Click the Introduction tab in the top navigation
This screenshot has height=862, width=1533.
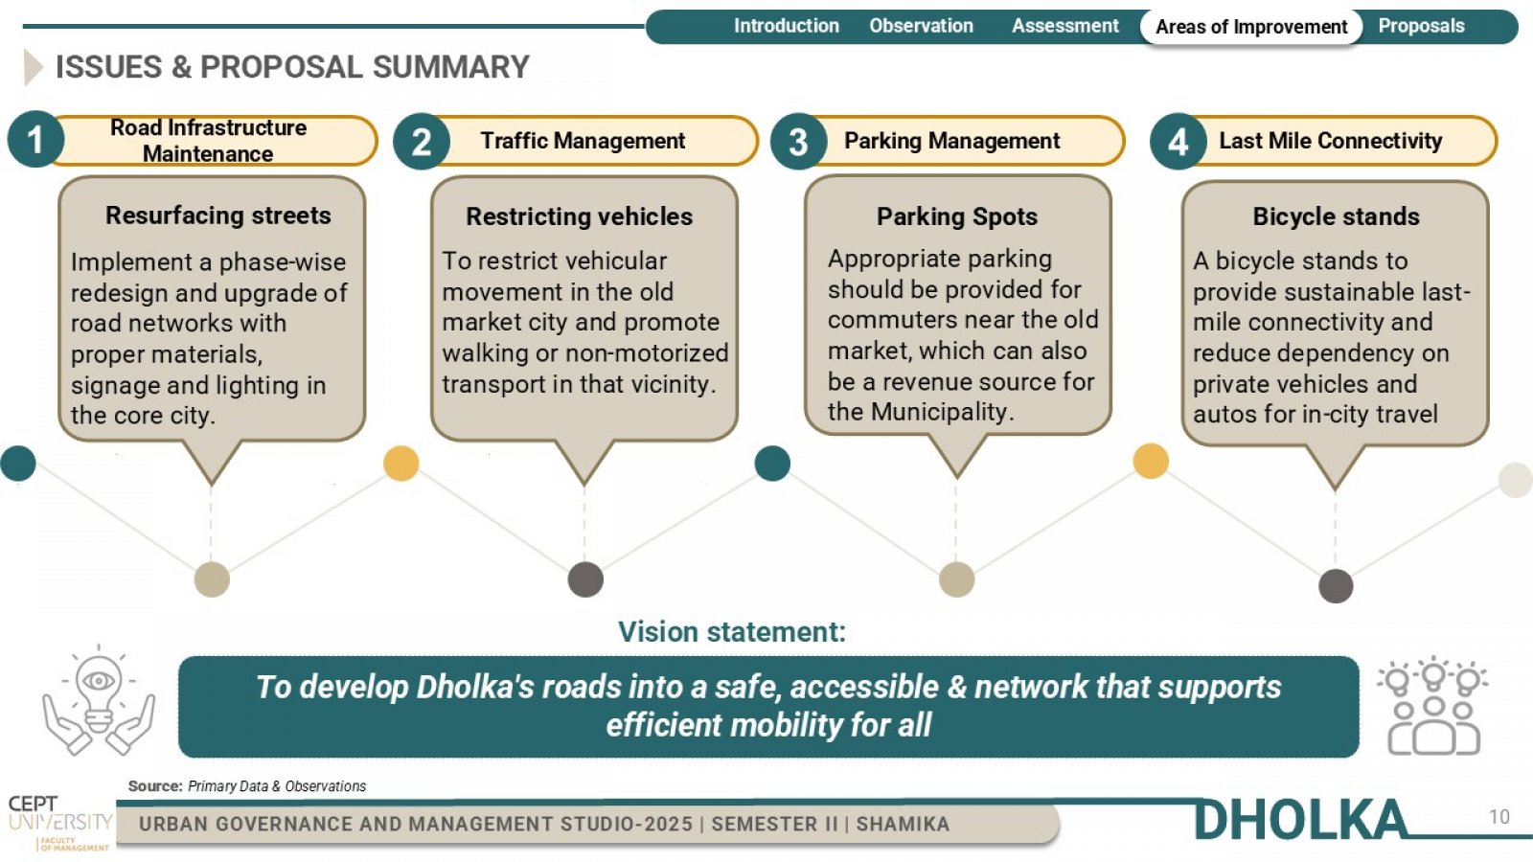click(x=787, y=26)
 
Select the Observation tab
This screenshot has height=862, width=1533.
click(x=921, y=26)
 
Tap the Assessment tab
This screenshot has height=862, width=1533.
click(x=1064, y=26)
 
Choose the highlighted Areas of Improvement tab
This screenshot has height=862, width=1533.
click(x=1251, y=27)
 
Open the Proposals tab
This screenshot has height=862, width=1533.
click(x=1422, y=26)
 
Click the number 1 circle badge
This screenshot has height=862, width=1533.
click(x=35, y=140)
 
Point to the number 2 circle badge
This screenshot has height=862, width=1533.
click(x=422, y=142)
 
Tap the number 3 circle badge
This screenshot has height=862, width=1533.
click(x=799, y=142)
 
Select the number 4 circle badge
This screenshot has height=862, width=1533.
click(x=1178, y=142)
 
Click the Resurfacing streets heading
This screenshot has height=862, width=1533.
click(x=218, y=215)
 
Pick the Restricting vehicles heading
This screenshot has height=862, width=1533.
click(x=580, y=216)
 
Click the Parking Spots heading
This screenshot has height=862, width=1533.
click(x=957, y=217)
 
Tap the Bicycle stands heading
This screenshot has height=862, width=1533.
click(x=1336, y=216)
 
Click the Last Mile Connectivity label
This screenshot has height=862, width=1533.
click(x=1331, y=141)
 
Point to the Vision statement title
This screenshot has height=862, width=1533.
click(x=732, y=632)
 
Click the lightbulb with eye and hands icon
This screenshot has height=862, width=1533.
click(x=99, y=700)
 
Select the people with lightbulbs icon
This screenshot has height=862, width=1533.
click(x=1433, y=706)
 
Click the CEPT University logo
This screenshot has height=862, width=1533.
click(x=60, y=823)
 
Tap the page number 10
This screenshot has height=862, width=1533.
click(x=1499, y=817)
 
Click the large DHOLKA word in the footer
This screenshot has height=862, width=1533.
click(x=1299, y=820)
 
